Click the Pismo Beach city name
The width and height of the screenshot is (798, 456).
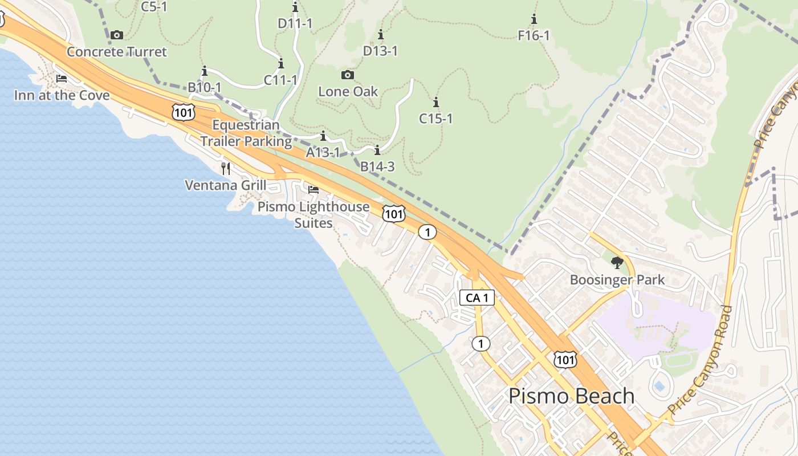571,396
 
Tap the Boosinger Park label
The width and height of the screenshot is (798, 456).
617,280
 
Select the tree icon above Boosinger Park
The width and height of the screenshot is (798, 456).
617,263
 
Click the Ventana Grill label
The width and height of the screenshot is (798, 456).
225,185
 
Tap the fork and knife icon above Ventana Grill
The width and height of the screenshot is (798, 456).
226,168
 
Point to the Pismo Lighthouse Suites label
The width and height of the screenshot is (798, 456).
313,214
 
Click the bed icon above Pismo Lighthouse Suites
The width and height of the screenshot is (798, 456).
313,190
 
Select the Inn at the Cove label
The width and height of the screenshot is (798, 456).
62,95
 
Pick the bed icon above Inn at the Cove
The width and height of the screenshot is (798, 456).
62,79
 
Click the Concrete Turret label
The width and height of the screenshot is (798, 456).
117,52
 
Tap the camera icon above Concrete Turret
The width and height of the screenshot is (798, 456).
117,35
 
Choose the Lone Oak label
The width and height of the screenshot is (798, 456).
348,91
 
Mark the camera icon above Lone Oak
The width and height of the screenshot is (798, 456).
347,75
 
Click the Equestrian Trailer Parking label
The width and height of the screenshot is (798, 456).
246,133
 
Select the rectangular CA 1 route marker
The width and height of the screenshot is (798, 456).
477,298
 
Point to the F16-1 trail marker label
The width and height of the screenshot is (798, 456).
534,36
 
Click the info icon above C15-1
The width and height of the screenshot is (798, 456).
436,103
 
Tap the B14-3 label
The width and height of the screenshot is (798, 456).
377,167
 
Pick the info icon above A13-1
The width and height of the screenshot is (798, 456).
323,136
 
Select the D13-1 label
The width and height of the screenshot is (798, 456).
380,51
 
